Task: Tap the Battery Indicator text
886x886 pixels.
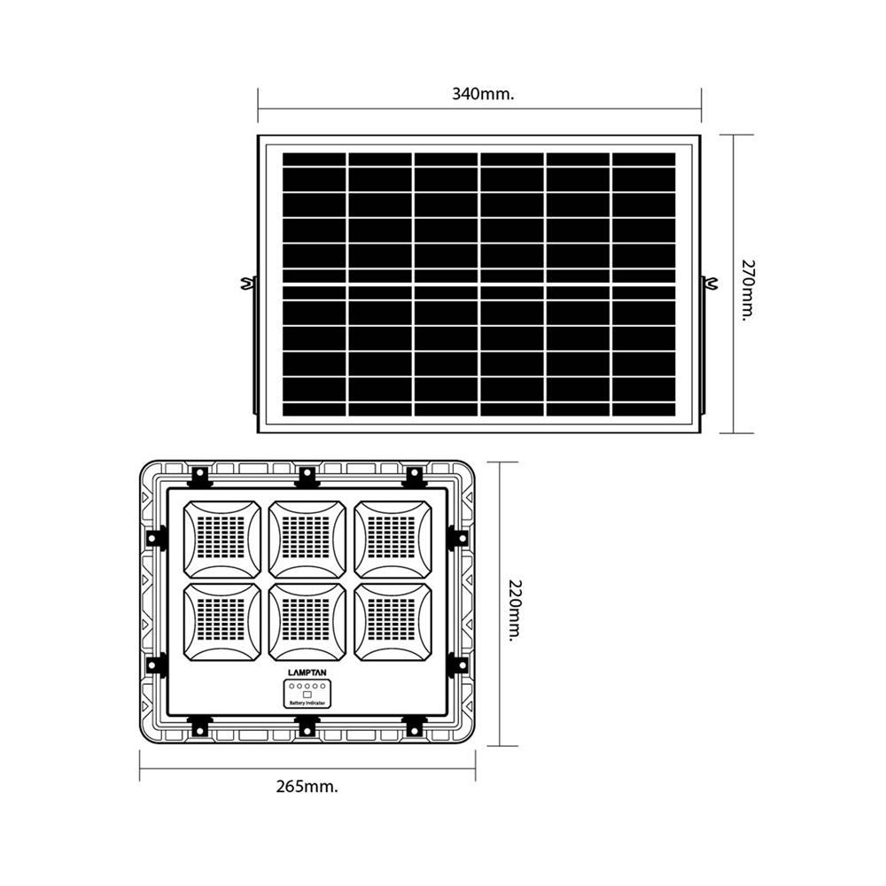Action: point(307,703)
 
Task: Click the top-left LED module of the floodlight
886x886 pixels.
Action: point(222,540)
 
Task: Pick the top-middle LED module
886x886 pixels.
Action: point(307,540)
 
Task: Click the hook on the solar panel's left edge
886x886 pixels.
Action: point(245,284)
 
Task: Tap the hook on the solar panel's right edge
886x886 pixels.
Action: point(711,284)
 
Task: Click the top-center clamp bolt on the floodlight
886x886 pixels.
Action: point(307,477)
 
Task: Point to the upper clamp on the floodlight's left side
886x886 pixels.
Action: point(157,538)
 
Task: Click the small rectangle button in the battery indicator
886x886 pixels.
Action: point(307,695)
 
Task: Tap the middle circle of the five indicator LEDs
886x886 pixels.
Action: point(307,687)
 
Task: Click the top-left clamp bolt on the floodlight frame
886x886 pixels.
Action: point(200,477)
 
